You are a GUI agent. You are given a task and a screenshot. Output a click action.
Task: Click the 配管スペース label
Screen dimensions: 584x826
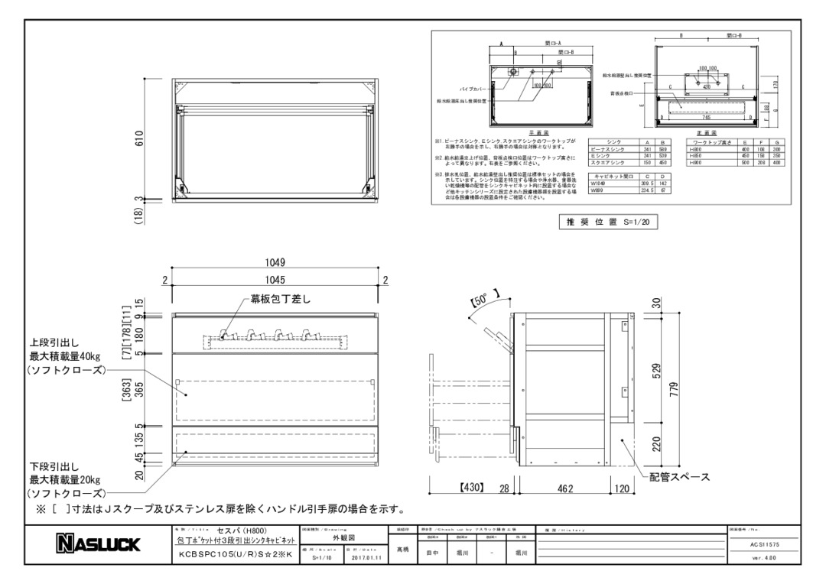coord(680,477)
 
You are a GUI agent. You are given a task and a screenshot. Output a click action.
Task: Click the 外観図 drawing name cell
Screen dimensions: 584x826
coord(343,537)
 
